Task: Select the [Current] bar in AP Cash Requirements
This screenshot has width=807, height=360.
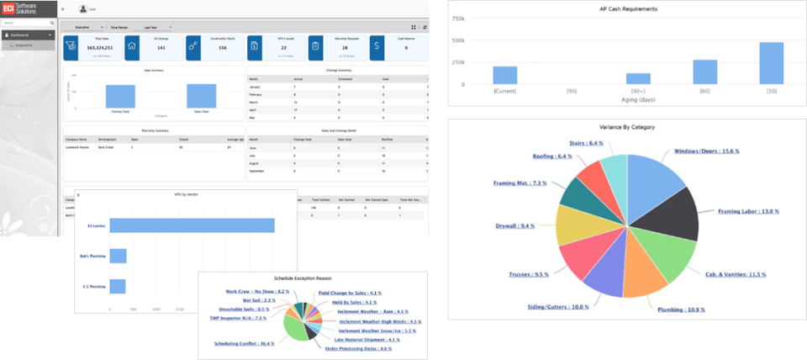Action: (x=505, y=76)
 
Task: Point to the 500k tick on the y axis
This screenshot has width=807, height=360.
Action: (x=458, y=40)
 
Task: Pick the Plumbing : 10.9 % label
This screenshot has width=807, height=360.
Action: (x=681, y=310)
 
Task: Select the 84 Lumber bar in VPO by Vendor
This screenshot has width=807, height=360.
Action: (x=193, y=225)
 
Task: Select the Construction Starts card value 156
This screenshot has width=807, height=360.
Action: (x=223, y=48)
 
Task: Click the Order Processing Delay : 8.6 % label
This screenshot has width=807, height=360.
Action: (x=358, y=348)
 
